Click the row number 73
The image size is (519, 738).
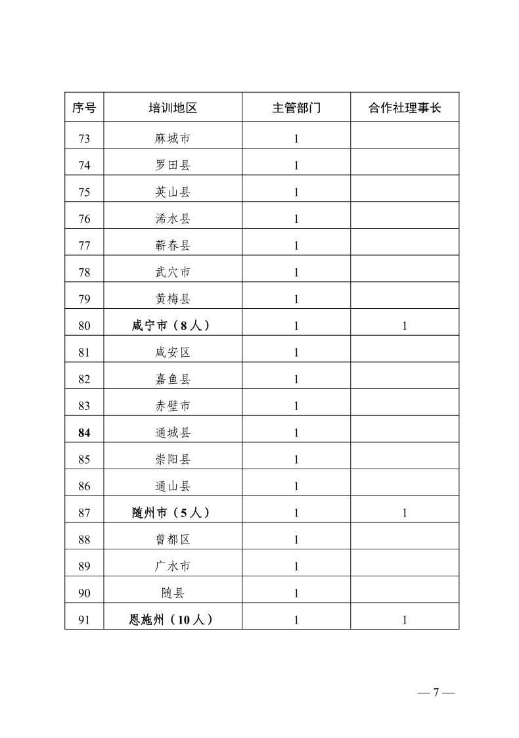(x=83, y=139)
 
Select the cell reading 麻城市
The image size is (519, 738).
(x=173, y=139)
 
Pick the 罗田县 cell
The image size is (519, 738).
(x=173, y=166)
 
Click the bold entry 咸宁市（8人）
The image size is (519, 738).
(x=173, y=325)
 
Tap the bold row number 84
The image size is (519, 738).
(x=83, y=432)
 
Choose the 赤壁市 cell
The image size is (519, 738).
(x=173, y=405)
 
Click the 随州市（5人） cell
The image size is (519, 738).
(x=173, y=513)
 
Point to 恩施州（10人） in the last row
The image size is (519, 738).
(x=173, y=619)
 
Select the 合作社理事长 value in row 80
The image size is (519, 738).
(x=405, y=326)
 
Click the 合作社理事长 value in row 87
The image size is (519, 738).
(x=405, y=513)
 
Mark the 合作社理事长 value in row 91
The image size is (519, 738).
(x=405, y=620)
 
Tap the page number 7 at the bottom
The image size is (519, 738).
(x=435, y=693)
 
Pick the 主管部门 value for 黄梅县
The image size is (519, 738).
(x=296, y=299)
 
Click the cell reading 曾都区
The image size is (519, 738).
(x=173, y=540)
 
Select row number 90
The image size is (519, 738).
(x=83, y=593)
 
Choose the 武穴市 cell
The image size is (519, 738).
(x=173, y=272)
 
